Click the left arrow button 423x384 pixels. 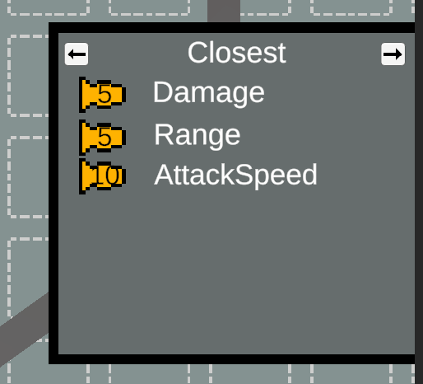77,54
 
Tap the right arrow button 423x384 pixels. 393,54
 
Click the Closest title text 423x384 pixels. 237,53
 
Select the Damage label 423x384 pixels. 209,93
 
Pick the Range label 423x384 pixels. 198,135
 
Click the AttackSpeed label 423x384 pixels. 235,176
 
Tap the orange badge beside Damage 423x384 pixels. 102,95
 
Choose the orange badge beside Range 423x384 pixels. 102,137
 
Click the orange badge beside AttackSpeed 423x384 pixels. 102,176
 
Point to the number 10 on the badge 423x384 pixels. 105,176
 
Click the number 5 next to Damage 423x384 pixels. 105,94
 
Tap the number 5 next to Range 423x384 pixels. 105,137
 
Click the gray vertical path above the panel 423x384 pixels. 224,11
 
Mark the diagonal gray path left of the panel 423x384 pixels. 24,330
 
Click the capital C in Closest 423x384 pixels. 197,53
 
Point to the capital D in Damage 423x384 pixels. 162,92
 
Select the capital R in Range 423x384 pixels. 164,134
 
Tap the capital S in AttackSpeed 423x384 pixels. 244,175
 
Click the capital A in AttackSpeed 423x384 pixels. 164,175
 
